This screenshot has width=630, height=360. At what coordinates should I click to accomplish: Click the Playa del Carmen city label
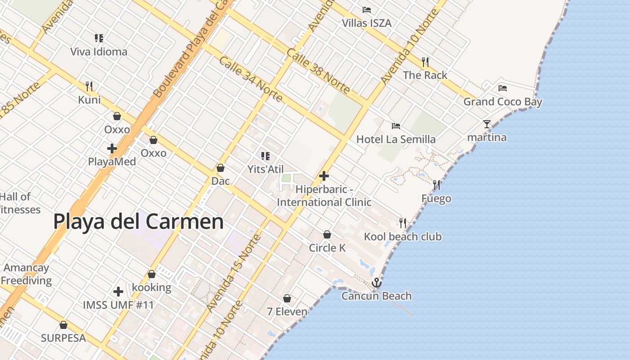pos(138,222)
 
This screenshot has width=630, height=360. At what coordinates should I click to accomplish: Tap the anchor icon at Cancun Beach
pos(377,283)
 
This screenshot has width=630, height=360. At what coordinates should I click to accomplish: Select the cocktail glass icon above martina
pos(487,124)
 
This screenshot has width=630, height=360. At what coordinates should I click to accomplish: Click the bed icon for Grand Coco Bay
pos(503,88)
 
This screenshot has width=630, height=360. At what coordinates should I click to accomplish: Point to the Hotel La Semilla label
pos(396,139)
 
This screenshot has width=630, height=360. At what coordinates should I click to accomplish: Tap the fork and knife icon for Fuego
pos(436,185)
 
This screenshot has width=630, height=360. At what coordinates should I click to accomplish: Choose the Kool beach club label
pos(403,237)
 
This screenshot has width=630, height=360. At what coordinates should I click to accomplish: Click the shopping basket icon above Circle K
pos(327,234)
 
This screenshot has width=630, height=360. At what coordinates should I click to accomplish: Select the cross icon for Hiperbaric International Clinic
pos(324,176)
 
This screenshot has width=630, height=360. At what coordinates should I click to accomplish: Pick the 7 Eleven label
pos(287,311)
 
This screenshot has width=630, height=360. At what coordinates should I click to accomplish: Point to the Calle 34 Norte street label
pos(251,79)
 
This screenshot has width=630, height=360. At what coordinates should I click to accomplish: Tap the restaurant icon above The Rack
pos(425,62)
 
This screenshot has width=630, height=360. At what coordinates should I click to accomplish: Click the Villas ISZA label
pos(367,23)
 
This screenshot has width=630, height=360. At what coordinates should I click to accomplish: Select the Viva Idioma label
pos(99,52)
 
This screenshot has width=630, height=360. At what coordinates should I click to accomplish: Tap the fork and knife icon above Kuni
pos(89,86)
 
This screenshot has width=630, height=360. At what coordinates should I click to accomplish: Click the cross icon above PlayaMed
pos(112,148)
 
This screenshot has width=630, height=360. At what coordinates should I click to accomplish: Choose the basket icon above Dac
pos(220,168)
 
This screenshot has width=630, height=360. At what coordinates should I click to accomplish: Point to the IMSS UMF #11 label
pos(118,305)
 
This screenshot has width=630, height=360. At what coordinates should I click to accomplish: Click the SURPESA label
pos(63,338)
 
